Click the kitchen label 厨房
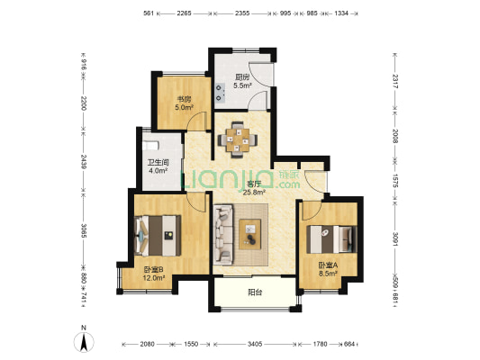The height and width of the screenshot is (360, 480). tap(241, 76)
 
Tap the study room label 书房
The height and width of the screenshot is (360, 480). tap(182, 100)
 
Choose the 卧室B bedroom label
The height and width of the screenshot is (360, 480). tap(153, 268)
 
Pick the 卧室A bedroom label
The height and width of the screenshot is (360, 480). tap(327, 265)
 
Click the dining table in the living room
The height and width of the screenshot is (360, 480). tap(240, 139)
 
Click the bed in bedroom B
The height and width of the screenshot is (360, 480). tap(158, 236)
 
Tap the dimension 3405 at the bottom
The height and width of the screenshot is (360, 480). tap(255, 344)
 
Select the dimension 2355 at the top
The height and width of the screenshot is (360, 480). tap(242, 13)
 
